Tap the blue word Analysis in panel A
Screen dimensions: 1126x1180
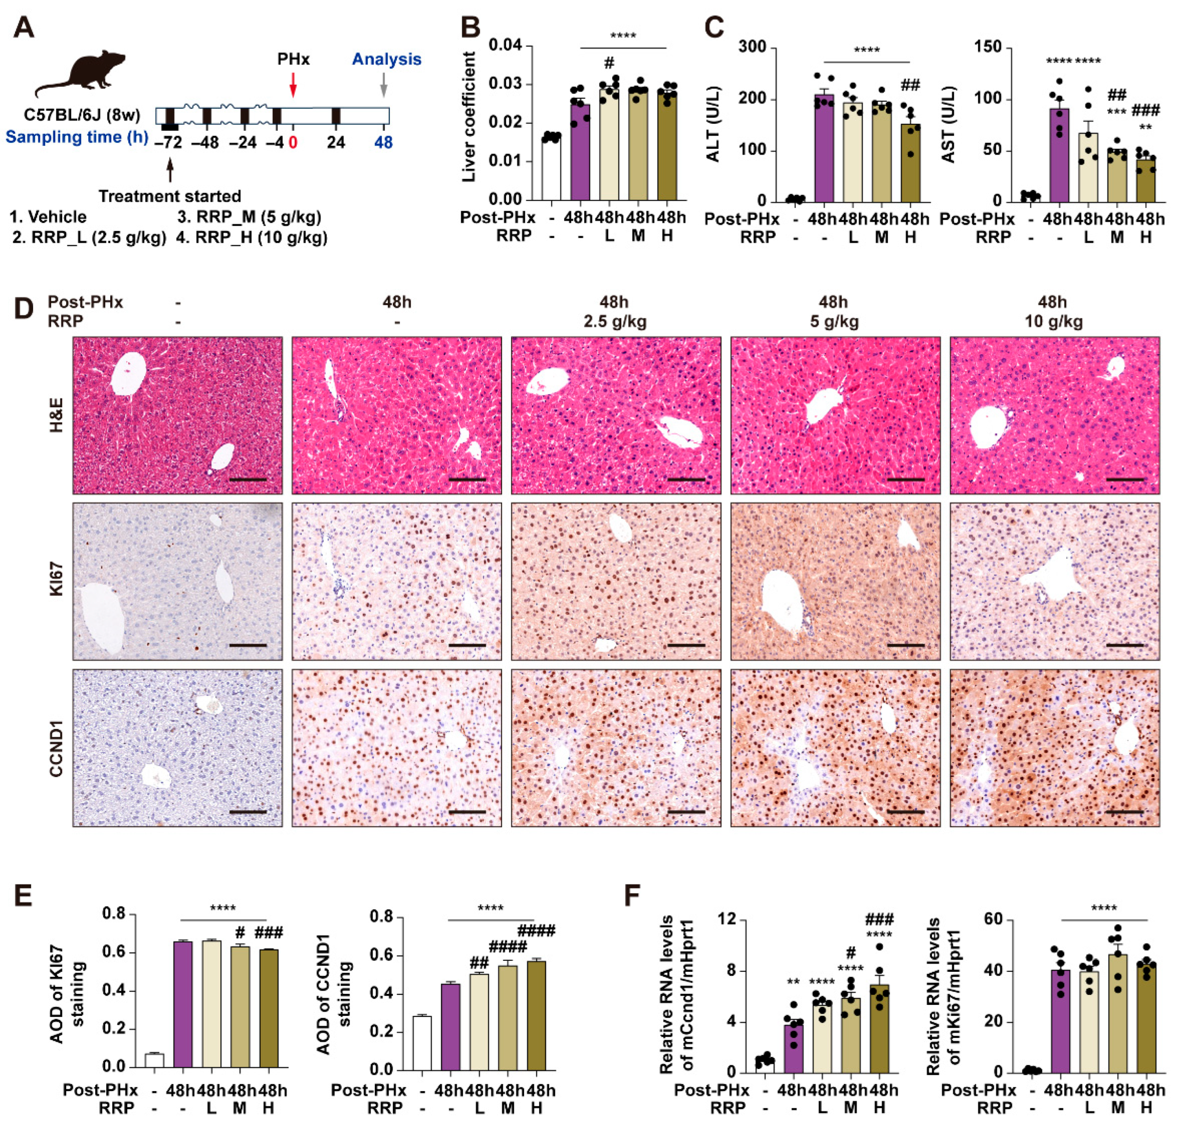(386, 59)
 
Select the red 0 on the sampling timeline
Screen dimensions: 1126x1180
(293, 143)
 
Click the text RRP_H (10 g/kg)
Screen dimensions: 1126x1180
(252, 238)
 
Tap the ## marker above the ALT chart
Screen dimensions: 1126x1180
(910, 85)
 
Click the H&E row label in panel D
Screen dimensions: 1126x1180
(56, 415)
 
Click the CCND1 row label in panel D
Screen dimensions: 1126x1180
(56, 749)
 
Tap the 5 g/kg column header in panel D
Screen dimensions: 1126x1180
(834, 321)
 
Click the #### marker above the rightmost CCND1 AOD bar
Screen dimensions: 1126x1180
(536, 931)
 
